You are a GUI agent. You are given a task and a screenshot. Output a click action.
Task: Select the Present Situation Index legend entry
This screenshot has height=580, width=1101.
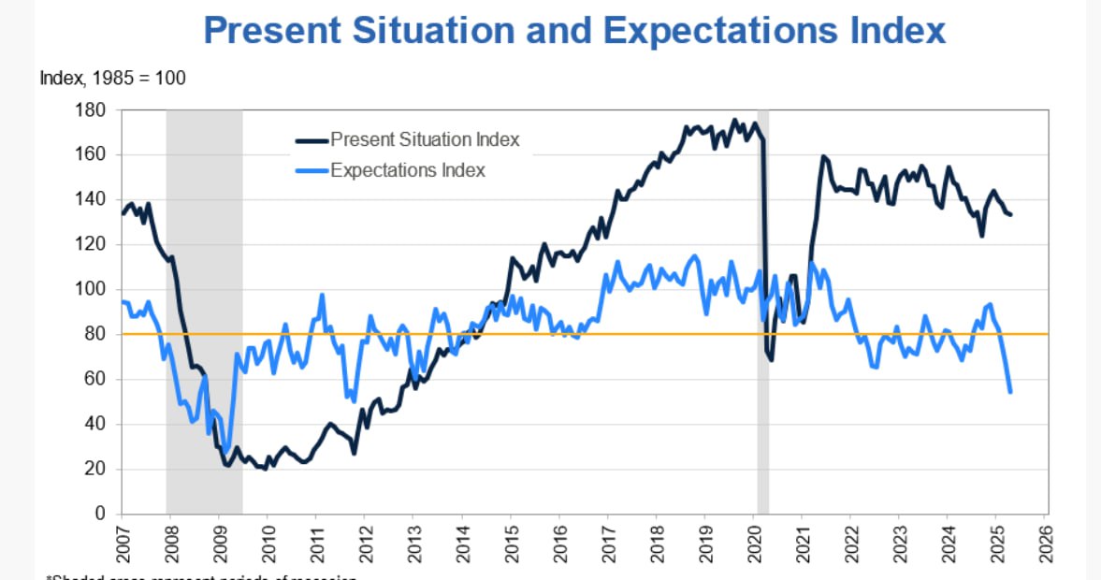pyautogui.click(x=424, y=140)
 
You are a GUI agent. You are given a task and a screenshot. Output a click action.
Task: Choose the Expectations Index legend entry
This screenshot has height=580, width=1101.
pyautogui.click(x=407, y=170)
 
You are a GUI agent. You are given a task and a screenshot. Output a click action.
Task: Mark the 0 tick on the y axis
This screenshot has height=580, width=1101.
pyautogui.click(x=104, y=515)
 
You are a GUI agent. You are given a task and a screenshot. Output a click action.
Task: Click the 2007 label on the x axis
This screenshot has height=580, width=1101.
pyautogui.click(x=121, y=542)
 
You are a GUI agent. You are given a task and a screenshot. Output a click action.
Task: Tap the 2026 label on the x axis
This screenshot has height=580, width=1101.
pyautogui.click(x=1044, y=542)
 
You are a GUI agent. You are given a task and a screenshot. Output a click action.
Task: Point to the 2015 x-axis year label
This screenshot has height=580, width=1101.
pyautogui.click(x=510, y=542)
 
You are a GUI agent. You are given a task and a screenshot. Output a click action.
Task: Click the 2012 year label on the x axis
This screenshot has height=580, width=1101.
pyautogui.click(x=364, y=542)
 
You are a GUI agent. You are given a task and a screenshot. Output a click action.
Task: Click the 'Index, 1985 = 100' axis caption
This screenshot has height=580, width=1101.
pyautogui.click(x=112, y=79)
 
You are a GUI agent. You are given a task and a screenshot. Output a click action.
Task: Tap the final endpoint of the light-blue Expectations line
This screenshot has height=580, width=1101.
pyautogui.click(x=1010, y=391)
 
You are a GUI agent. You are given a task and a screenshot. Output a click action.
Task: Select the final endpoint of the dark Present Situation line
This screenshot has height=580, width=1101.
pyautogui.click(x=1010, y=215)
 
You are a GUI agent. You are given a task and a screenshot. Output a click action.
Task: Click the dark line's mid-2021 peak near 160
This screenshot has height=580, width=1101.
pyautogui.click(x=823, y=156)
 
